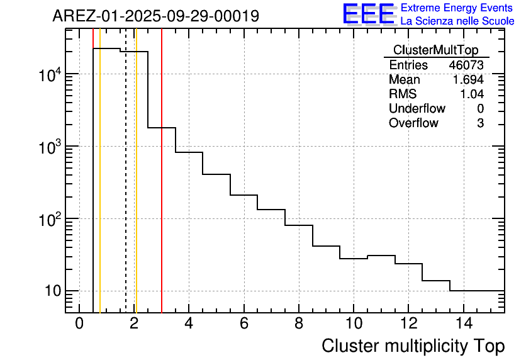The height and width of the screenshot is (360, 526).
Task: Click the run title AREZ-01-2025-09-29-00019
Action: (155, 16)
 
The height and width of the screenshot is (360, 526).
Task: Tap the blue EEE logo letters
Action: (368, 14)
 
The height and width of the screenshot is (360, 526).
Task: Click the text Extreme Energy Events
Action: (457, 8)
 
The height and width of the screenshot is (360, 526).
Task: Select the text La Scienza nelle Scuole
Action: (457, 21)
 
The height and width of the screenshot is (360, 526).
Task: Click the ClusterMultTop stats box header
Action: (435, 50)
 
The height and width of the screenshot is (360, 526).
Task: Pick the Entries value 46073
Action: (466, 65)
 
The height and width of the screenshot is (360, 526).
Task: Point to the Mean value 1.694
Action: (468, 80)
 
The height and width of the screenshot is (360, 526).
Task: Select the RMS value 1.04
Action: (471, 94)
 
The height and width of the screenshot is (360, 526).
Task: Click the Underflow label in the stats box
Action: (417, 109)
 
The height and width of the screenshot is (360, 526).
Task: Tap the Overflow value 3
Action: (480, 123)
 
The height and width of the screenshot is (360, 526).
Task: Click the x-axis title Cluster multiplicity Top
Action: (413, 346)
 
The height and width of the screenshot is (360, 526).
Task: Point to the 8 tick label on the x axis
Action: (298, 324)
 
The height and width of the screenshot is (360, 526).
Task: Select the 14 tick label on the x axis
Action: (462, 324)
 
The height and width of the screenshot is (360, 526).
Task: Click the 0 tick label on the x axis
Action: (79, 324)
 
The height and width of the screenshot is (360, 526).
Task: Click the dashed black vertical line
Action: (126, 189)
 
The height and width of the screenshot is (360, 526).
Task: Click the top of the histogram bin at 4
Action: (189, 152)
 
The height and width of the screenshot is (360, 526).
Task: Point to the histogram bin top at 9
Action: (326, 246)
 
